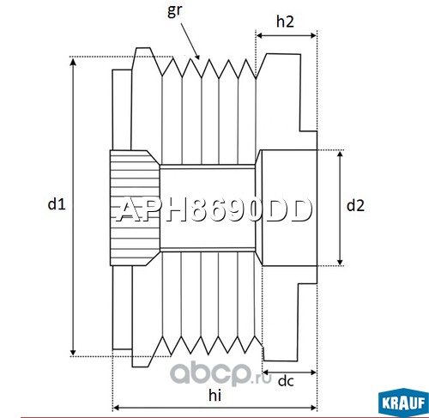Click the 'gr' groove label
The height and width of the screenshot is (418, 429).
tap(174, 11)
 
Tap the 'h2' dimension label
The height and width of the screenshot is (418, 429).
tap(285, 21)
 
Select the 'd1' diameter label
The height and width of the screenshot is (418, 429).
tap(57, 204)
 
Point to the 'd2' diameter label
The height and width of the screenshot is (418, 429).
tap(355, 205)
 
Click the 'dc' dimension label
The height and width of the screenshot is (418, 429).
tap(286, 381)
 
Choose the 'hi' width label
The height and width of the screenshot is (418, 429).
tap(214, 396)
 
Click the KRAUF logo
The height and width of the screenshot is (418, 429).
tap(403, 403)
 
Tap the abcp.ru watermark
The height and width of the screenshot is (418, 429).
tap(221, 373)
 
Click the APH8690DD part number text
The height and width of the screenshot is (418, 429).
tap(214, 210)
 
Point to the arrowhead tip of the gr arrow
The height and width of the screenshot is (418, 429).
tap(199, 59)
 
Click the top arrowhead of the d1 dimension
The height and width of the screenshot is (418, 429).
tap(74, 58)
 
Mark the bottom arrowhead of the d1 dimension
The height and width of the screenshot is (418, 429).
tap(74, 355)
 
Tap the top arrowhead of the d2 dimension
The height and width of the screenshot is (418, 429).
tap(340, 151)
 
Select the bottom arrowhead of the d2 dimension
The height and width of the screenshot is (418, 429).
tap(340, 265)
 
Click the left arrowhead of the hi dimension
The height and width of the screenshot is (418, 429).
tap(113, 408)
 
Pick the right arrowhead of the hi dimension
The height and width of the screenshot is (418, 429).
tap(317, 408)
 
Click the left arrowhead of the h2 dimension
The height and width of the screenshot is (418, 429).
tap(257, 35)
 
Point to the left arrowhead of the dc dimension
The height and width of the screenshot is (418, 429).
tap(263, 373)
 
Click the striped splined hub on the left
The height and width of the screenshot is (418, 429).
tap(135, 208)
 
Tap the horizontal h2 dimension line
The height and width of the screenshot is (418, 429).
tap(287, 35)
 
